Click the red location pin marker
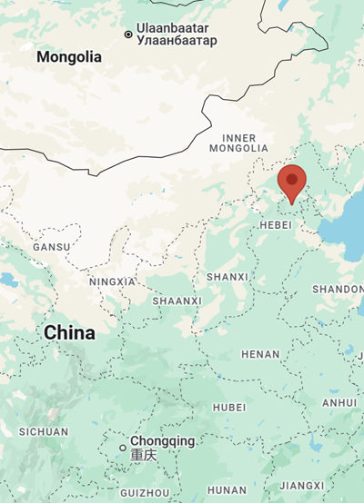click(292, 181)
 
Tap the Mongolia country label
click(69, 57)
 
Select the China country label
click(69, 333)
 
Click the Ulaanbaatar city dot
click(128, 35)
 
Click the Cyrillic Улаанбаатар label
click(177, 41)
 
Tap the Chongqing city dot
click(123, 448)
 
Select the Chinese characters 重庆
click(144, 455)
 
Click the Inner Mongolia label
click(239, 141)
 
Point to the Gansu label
click(50, 247)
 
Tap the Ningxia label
click(112, 281)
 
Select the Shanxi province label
click(227, 276)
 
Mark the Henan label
click(260, 354)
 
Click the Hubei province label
click(229, 408)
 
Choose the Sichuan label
click(43, 432)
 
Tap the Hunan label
click(227, 490)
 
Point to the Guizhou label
click(145, 492)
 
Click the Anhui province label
click(339, 402)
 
